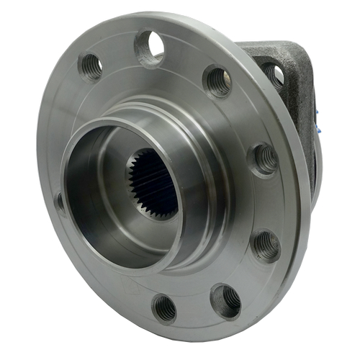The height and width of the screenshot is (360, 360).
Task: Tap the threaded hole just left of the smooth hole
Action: pos(91,66)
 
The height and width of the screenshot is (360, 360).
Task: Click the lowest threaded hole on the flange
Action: pos(165,308)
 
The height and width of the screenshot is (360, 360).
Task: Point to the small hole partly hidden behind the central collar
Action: pos(60,202)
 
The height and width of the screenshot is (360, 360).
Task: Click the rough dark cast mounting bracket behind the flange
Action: pos(292,79)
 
